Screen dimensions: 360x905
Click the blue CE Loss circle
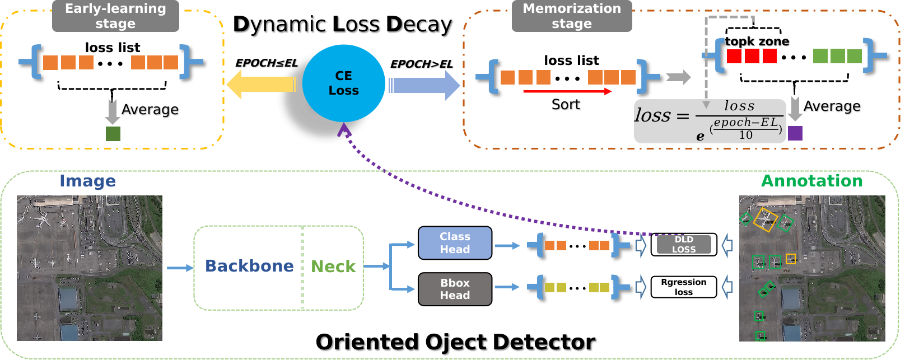tap(343, 83)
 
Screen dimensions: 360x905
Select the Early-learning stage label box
tap(115, 16)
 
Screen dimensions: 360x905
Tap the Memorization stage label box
tap(572, 16)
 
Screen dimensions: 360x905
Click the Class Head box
tap(455, 243)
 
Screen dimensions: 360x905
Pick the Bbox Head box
tap(455, 289)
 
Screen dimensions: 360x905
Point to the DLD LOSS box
tap(684, 245)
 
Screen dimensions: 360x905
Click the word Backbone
tap(249, 266)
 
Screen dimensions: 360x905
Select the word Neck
tap(333, 267)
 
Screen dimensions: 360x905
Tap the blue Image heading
tap(87, 181)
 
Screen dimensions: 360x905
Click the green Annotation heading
tap(811, 181)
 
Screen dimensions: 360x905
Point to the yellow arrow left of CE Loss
tap(261, 85)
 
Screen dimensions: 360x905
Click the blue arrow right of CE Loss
tap(423, 86)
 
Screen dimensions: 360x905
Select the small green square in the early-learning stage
tap(113, 133)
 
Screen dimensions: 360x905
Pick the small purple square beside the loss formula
tap(795, 133)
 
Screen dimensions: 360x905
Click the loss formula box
tap(710, 121)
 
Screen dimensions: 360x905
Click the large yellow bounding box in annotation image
tap(765, 219)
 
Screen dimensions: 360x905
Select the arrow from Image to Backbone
tap(180, 268)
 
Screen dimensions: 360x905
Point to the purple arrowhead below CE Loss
tap(343, 130)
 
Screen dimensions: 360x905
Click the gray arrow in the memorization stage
tap(678, 77)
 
